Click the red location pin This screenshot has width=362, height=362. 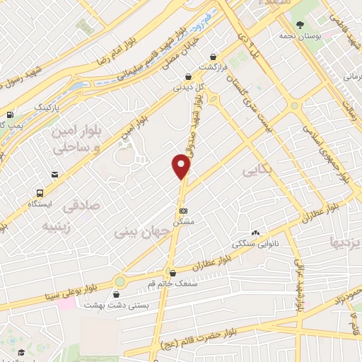click(182, 167)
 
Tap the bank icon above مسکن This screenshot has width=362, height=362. click(183, 210)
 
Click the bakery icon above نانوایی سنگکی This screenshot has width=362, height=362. click(255, 233)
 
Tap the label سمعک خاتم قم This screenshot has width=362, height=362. click(171, 283)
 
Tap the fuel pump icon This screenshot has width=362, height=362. click(10, 115)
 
